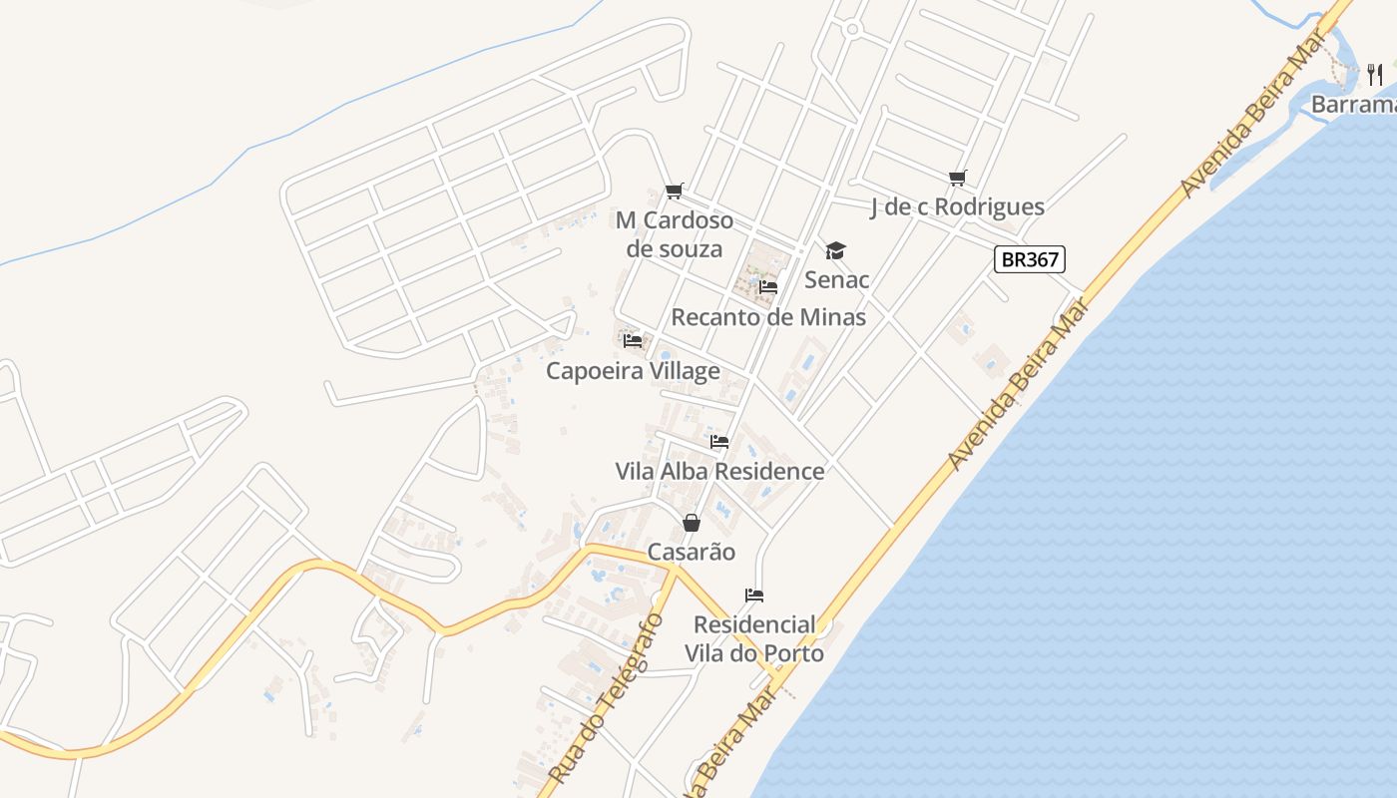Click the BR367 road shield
[1031, 259]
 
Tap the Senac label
[836, 279]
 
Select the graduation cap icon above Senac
[835, 250]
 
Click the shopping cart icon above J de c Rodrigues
[958, 179]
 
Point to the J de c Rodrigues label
[957, 206]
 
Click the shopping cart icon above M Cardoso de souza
[675, 191]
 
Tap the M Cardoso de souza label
[675, 234]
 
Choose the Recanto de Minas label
[768, 317]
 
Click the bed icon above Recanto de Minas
[767, 287]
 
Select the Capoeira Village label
[633, 371]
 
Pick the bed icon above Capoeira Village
[633, 341]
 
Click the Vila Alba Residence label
[719, 471]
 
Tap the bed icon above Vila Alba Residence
[719, 442]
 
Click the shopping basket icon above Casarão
[691, 523]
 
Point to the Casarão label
[691, 552]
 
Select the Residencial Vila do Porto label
[754, 639]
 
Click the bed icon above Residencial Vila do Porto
[754, 596]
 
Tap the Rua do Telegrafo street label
[606, 698]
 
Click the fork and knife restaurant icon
[1375, 74]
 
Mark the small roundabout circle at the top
[851, 30]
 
